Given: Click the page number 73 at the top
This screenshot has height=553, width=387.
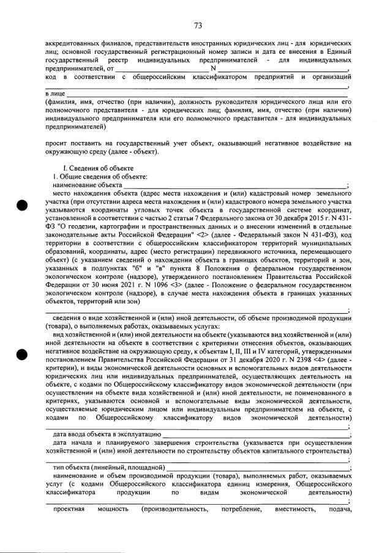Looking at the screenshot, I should pos(198,25).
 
